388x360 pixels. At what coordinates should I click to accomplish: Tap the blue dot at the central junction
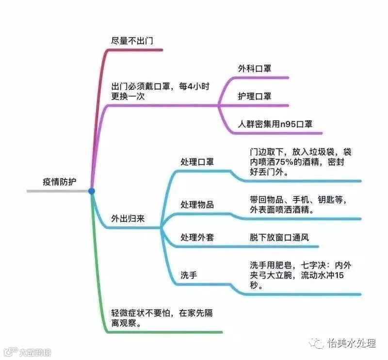click(x=92, y=191)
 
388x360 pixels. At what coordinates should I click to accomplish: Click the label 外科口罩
click(x=254, y=68)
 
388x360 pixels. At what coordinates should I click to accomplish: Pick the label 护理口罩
click(x=254, y=96)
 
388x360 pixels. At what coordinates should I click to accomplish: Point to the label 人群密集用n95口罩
click(x=275, y=124)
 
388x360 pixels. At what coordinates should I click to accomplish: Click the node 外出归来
click(x=128, y=218)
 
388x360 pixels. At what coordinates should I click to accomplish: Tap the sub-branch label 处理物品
click(x=197, y=204)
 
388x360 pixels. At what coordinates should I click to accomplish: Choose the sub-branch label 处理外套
click(x=197, y=238)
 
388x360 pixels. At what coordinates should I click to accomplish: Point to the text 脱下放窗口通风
click(x=279, y=238)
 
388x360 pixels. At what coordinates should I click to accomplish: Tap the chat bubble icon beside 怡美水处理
click(x=318, y=344)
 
